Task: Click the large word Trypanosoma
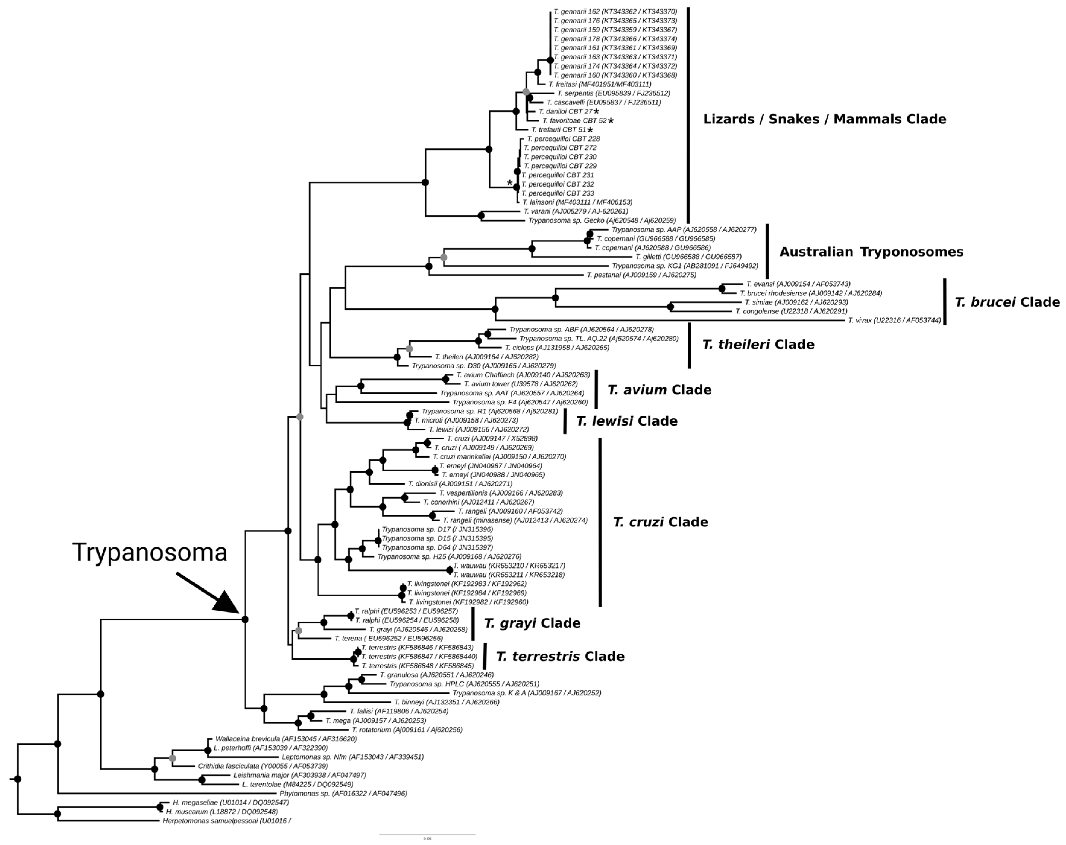150,552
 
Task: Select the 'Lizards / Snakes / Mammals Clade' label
824,119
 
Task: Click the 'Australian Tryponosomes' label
871,252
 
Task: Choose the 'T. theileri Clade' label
758,344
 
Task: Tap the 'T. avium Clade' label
659,390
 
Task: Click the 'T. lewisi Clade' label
626,421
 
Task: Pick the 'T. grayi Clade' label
532,623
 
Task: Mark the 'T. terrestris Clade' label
560,656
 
